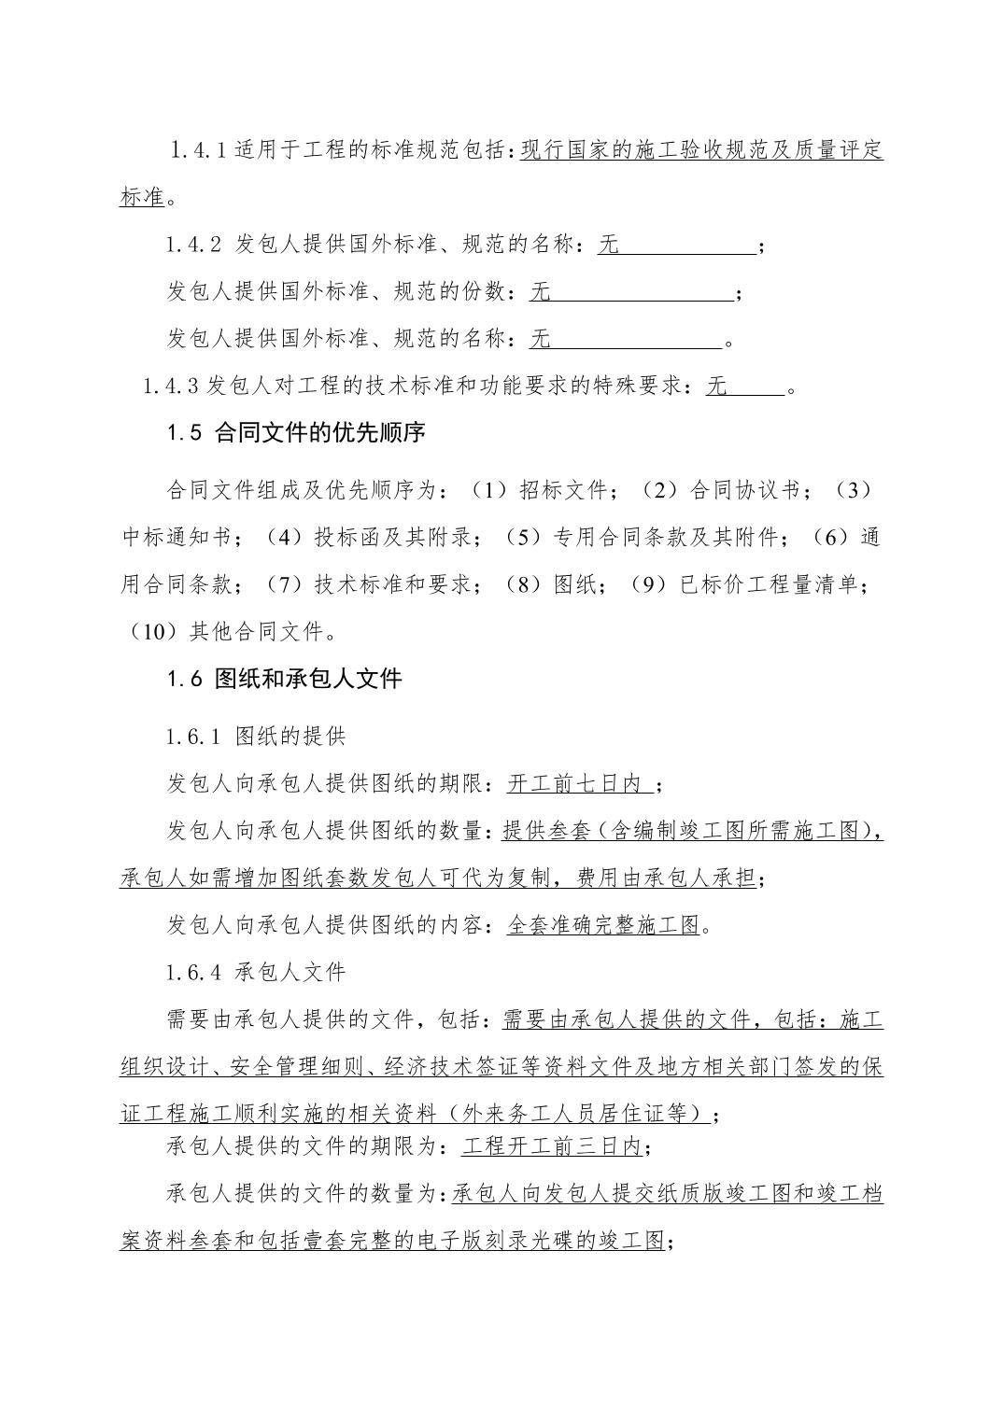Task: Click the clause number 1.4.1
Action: pos(198,150)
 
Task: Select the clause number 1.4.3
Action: pos(172,386)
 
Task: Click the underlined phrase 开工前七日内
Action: pos(579,784)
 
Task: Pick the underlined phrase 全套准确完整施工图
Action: pos(603,925)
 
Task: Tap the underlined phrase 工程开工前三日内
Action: pos(552,1145)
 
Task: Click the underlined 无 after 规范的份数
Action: pos(540,293)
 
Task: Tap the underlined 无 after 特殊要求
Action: pos(717,386)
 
